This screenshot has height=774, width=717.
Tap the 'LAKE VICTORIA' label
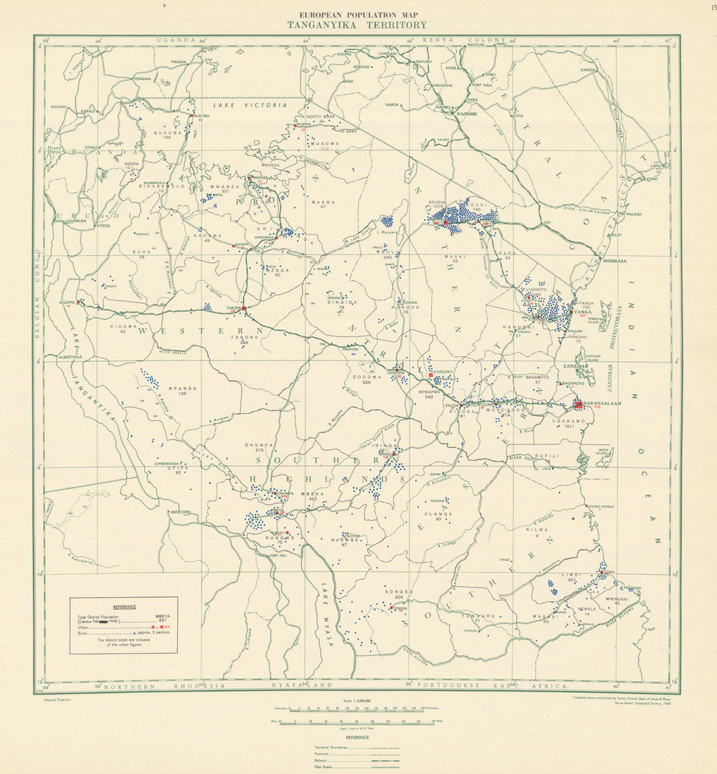pyautogui.click(x=245, y=105)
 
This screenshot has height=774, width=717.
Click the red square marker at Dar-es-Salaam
pyautogui.click(x=578, y=404)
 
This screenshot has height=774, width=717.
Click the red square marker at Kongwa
pyautogui.click(x=430, y=375)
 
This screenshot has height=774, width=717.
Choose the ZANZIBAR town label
pyautogui.click(x=575, y=365)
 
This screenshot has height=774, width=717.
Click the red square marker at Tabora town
pyautogui.click(x=244, y=308)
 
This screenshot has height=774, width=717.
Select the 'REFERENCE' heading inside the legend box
pyautogui.click(x=123, y=606)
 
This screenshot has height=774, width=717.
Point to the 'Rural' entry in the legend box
pyautogui.click(x=85, y=634)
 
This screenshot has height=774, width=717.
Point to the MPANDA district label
pyautogui.click(x=182, y=388)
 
